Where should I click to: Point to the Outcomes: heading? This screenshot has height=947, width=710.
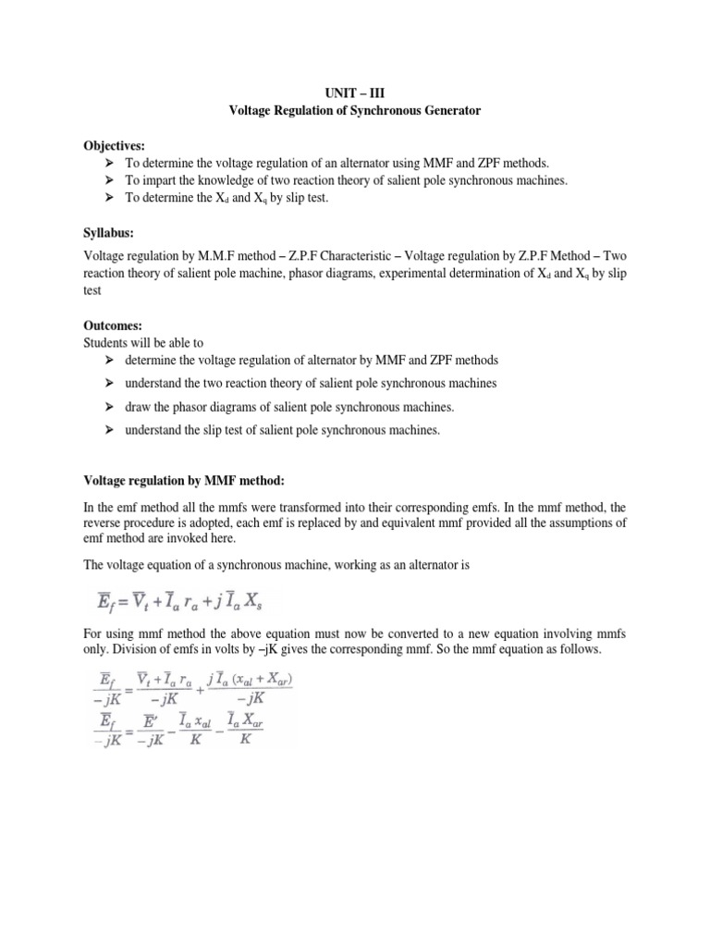click(x=114, y=325)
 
